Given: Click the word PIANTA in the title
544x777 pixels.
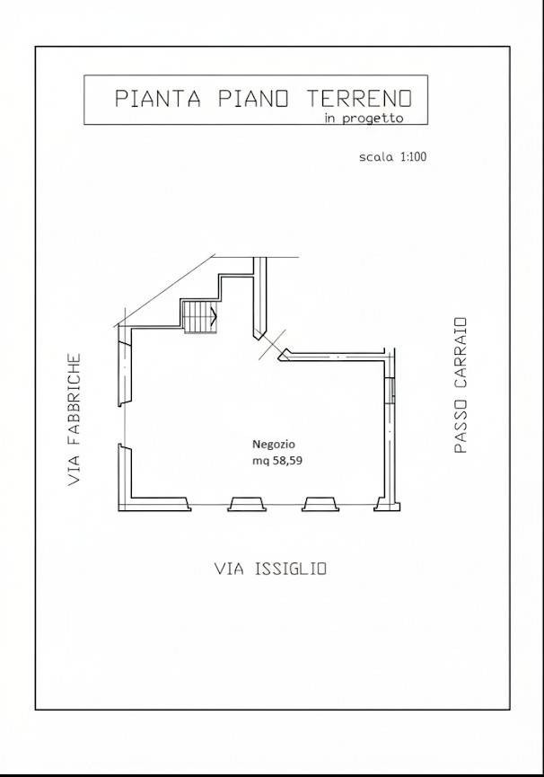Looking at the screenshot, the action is (158, 98).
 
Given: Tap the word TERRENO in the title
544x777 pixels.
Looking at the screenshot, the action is (359, 98).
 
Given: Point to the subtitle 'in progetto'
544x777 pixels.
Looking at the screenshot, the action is (364, 119).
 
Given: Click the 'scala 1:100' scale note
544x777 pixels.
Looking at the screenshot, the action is (392, 157).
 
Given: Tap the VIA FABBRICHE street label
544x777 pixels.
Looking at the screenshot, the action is (74, 419).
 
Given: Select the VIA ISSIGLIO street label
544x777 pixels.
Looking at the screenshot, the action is (271, 569).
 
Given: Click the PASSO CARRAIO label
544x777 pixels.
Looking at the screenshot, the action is (461, 385).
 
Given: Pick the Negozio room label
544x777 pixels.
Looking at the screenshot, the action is (273, 444).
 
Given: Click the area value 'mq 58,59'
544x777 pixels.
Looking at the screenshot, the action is (277, 460).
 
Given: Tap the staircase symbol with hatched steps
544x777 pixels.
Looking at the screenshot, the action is (200, 317).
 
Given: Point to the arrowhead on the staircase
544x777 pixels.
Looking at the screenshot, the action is (214, 315).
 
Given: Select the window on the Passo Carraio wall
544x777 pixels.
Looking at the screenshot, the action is (391, 390).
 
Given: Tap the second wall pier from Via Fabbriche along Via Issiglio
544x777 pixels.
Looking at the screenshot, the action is (248, 503).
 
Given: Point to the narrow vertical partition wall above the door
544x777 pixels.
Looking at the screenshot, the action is (259, 298).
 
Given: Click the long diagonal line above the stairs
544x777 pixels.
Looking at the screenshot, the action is (164, 291).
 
